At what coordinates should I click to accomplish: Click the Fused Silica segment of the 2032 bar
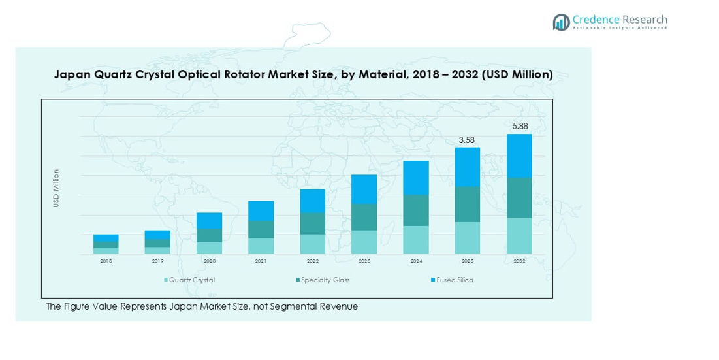tap(519, 155)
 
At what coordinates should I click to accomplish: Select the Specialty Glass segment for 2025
tap(468, 205)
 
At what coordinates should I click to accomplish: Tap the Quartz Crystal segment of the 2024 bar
tap(416, 240)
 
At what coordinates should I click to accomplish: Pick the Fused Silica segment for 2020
tap(210, 221)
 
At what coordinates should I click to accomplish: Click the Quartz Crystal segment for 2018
tap(106, 251)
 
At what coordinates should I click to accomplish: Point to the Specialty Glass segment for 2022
tap(313, 223)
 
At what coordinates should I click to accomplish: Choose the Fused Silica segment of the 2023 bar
tap(364, 189)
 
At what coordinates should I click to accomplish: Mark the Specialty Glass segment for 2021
tap(261, 229)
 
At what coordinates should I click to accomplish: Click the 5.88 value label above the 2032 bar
tap(519, 126)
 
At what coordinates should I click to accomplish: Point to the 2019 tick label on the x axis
tap(157, 261)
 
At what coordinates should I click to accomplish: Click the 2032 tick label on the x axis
tap(519, 261)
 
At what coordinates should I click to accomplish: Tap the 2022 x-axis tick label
tap(313, 261)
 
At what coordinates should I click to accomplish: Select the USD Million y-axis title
tap(56, 189)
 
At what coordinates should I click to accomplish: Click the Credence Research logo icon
tap(561, 22)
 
